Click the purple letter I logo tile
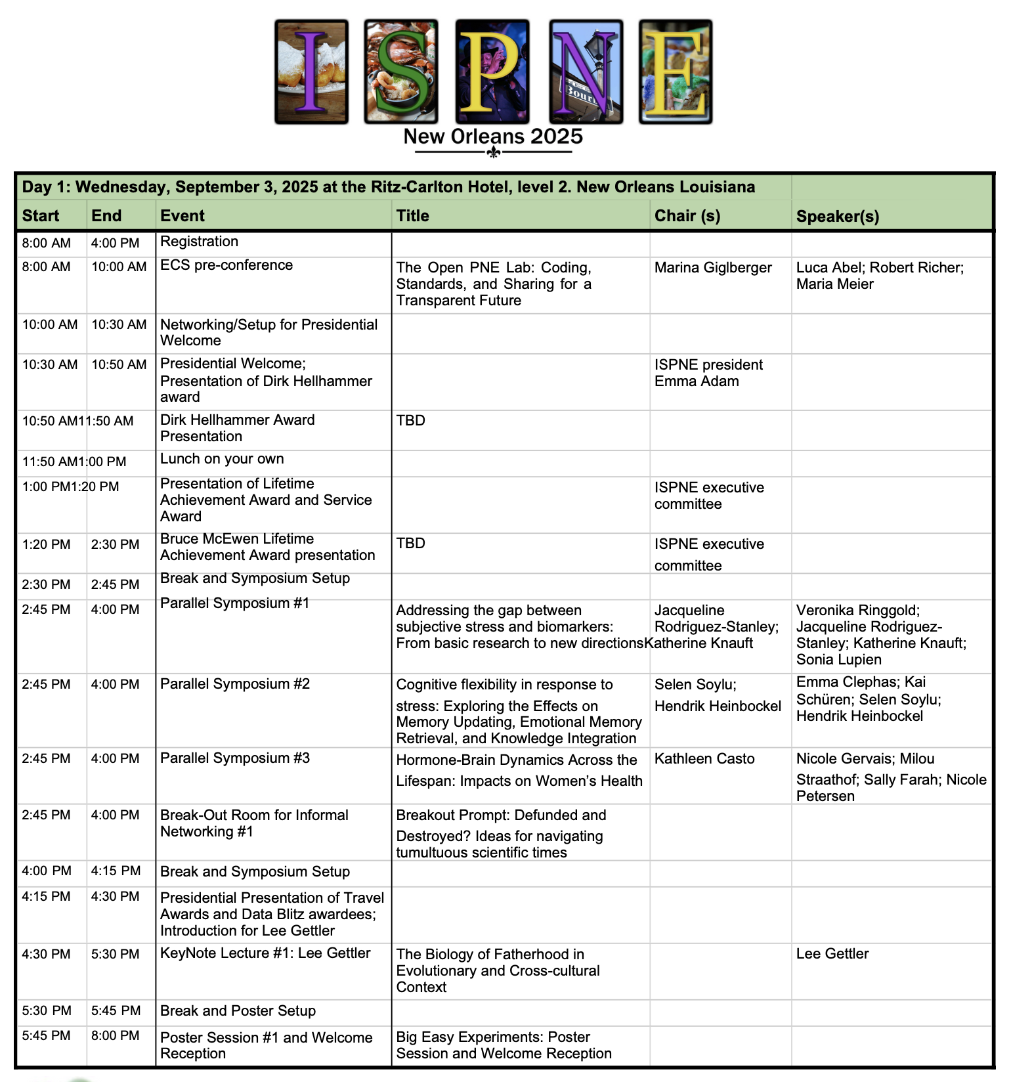tap(311, 72)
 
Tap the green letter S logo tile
tap(401, 72)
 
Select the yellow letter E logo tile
tap(676, 72)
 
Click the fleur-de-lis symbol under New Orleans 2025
tap(494, 153)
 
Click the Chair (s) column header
tap(687, 216)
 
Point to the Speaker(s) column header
tap(837, 216)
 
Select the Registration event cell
tap(200, 242)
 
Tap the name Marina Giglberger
tap(713, 268)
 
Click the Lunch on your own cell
tap(222, 459)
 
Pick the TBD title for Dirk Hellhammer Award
tap(411, 420)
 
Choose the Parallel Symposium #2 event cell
tap(235, 684)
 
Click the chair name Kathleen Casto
tap(704, 759)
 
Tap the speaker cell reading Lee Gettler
tap(832, 954)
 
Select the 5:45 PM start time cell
tap(46, 1036)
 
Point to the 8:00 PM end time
tap(116, 1036)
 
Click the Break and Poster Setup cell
tap(238, 1011)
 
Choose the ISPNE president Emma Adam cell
tap(708, 373)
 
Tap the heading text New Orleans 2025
tap(493, 137)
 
